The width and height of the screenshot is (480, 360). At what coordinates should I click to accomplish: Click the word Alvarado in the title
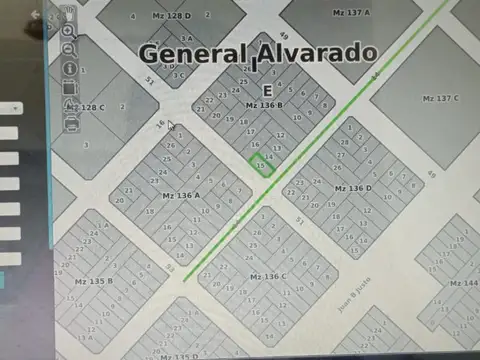click(317, 52)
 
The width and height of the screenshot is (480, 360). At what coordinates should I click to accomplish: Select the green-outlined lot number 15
click(262, 165)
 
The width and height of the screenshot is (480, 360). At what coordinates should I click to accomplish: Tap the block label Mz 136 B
click(264, 104)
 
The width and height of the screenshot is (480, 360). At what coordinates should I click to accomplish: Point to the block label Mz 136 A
click(180, 195)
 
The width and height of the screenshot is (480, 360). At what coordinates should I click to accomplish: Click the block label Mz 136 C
click(267, 276)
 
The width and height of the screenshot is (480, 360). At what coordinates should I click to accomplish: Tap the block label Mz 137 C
click(440, 98)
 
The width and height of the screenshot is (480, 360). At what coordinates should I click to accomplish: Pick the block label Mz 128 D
click(171, 16)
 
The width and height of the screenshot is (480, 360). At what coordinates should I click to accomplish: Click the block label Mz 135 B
click(94, 281)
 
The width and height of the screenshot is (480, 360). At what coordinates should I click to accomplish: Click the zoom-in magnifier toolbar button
click(68, 31)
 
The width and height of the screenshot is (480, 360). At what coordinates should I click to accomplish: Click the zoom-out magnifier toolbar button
click(69, 49)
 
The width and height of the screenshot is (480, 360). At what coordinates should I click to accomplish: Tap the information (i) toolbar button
click(70, 68)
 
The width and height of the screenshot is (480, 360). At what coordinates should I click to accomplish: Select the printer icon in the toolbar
click(72, 124)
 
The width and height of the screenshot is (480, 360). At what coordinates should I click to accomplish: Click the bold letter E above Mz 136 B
click(265, 88)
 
